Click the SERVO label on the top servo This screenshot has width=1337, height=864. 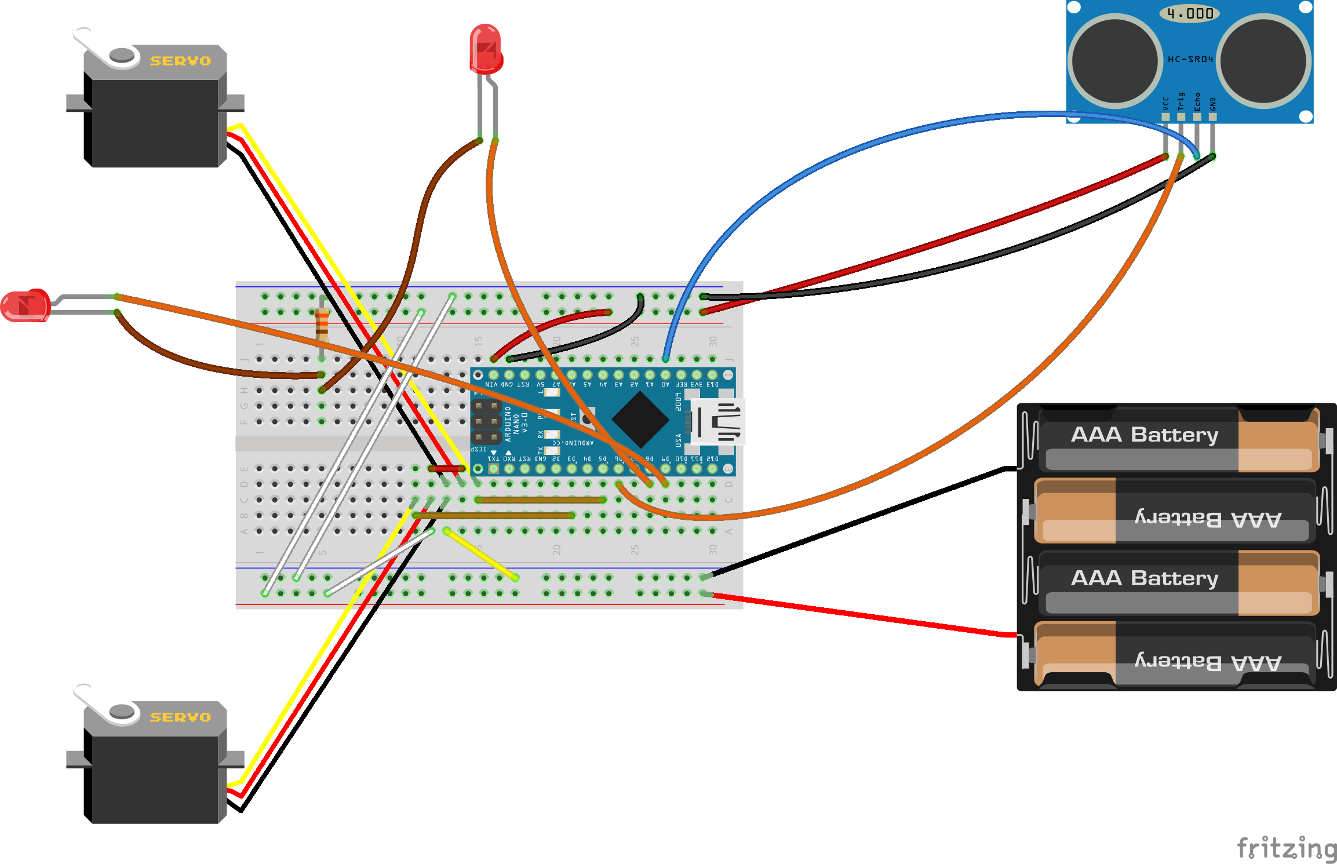pyautogui.click(x=180, y=61)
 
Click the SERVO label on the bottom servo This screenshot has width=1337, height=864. pyautogui.click(x=180, y=717)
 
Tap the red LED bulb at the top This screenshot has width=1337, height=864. pyautogui.click(x=485, y=49)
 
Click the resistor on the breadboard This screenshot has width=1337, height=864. pyautogui.click(x=322, y=326)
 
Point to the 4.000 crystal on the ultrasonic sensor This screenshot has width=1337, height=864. pyautogui.click(x=1190, y=13)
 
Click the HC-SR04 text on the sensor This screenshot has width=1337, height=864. pyautogui.click(x=1190, y=59)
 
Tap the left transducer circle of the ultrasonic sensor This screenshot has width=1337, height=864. pyautogui.click(x=1114, y=61)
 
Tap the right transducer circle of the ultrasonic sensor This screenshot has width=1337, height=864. pyautogui.click(x=1263, y=61)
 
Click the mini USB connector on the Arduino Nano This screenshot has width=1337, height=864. pyautogui.click(x=717, y=421)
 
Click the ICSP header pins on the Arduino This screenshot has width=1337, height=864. pyautogui.click(x=486, y=421)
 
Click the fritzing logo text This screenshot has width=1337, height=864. pyautogui.click(x=1287, y=848)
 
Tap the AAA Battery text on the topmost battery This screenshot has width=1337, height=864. pyautogui.click(x=1145, y=435)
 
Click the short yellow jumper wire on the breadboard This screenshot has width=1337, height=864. pyautogui.click(x=481, y=554)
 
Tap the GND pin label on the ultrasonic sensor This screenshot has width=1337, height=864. pyautogui.click(x=1212, y=104)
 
